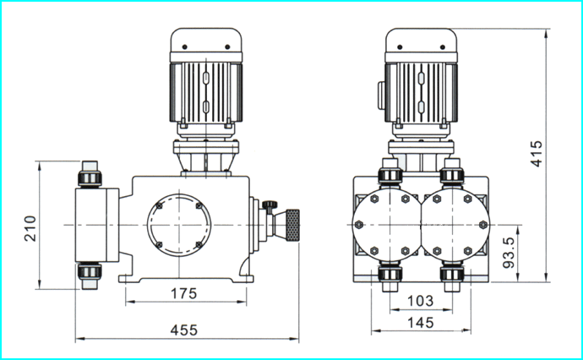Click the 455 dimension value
pyautogui.click(x=183, y=330)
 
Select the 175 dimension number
pyautogui.click(x=183, y=293)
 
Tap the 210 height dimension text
pyautogui.click(x=30, y=228)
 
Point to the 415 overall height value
pyautogui.click(x=537, y=154)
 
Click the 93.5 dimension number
pyautogui.click(x=509, y=253)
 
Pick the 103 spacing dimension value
pyautogui.click(x=421, y=301)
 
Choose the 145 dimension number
pyautogui.click(x=421, y=323)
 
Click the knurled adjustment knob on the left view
pyautogui.click(x=292, y=226)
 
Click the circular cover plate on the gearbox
pyautogui.click(x=179, y=225)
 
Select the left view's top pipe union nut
pyautogui.click(x=90, y=178)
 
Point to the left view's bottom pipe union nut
pyautogui.click(x=90, y=272)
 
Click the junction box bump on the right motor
pyautogui.click(x=381, y=95)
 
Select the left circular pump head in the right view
pyautogui.click(x=387, y=225)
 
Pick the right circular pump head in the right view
pyautogui.click(x=455, y=225)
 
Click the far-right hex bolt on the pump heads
pyautogui.click(x=483, y=225)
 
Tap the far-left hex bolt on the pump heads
pyautogui.click(x=359, y=225)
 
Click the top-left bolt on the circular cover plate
pyautogui.click(x=159, y=205)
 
